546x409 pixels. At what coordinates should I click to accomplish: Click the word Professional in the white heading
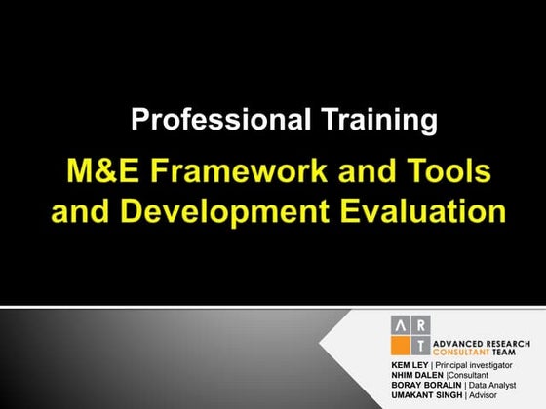[208, 121]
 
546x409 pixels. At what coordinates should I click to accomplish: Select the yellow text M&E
[108, 172]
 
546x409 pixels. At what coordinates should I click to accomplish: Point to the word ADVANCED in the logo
[456, 343]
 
